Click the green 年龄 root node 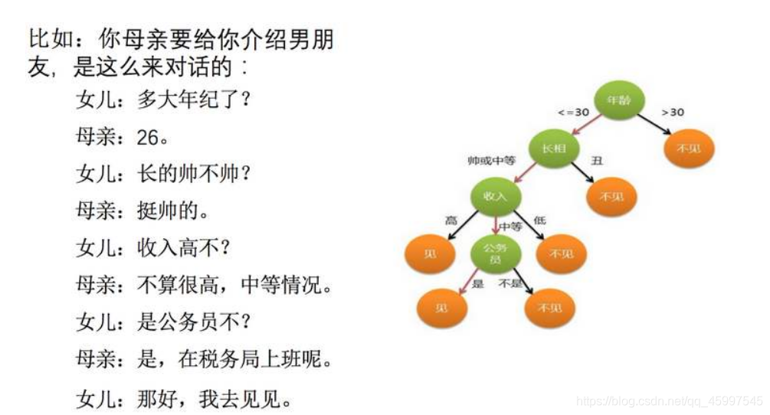(x=619, y=100)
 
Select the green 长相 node (x=553, y=148)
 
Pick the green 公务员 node (x=496, y=253)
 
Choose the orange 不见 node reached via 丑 (x=611, y=197)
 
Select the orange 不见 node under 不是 (x=549, y=307)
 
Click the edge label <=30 (x=574, y=113)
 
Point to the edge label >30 (x=673, y=113)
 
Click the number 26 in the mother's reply (x=148, y=137)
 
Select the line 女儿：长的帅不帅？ (x=163, y=173)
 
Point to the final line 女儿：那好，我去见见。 (x=184, y=398)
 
